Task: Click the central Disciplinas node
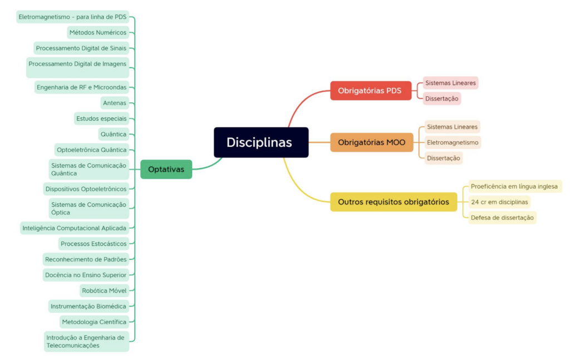point(261,142)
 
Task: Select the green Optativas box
point(166,169)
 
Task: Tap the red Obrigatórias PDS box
point(370,91)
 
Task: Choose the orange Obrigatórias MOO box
point(371,142)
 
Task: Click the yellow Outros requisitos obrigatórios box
point(393,202)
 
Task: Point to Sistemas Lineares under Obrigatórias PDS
point(450,83)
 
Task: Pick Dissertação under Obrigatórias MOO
point(444,158)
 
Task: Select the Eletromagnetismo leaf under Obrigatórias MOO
point(453,142)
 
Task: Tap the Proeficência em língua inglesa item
point(514,186)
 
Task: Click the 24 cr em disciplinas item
point(499,202)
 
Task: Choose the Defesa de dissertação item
point(502,218)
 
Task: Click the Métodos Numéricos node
point(98,32)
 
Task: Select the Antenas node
point(115,103)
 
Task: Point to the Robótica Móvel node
point(104,290)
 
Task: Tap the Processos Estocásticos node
point(94,243)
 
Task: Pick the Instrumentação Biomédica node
point(89,306)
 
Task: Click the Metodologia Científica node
point(94,322)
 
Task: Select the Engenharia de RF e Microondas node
point(81,87)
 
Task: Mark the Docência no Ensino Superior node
point(86,275)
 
